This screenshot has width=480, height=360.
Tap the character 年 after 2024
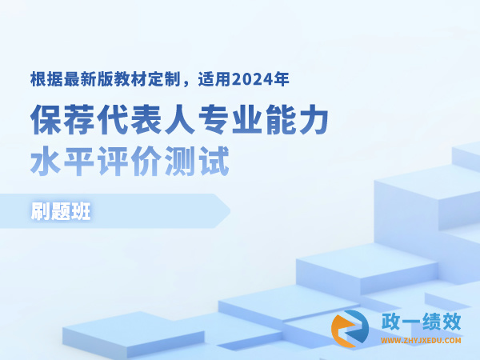tap(281, 79)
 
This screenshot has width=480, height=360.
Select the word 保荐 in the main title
tap(63, 119)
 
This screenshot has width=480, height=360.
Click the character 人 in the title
tap(181, 119)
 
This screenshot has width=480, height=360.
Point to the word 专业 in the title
tap(231, 119)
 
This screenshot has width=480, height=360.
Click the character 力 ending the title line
tap(314, 119)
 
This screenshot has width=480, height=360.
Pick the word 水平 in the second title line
tap(62, 161)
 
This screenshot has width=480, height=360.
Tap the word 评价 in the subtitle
tap(130, 161)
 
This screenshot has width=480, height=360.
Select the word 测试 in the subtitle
tap(197, 161)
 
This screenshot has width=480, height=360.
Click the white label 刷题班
tap(61, 211)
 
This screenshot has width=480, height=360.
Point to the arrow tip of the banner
tap(230, 211)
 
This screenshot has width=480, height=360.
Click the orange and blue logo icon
tap(350, 329)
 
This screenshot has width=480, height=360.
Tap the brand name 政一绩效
tap(421, 322)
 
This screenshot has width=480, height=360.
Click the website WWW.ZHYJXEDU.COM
tap(421, 341)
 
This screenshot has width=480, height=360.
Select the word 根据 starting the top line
tap(46, 79)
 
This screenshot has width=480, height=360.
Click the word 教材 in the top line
tap(130, 79)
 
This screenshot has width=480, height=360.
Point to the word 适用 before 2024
tap(214, 79)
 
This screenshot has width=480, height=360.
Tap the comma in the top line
tap(186, 84)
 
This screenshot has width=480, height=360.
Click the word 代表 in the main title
tap(130, 119)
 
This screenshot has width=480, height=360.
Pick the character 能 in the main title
tap(281, 119)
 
